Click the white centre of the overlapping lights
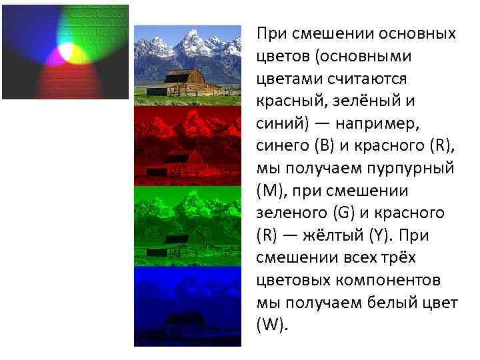coord(66,51)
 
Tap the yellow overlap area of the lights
coord(77,53)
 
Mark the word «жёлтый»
coord(345,235)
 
